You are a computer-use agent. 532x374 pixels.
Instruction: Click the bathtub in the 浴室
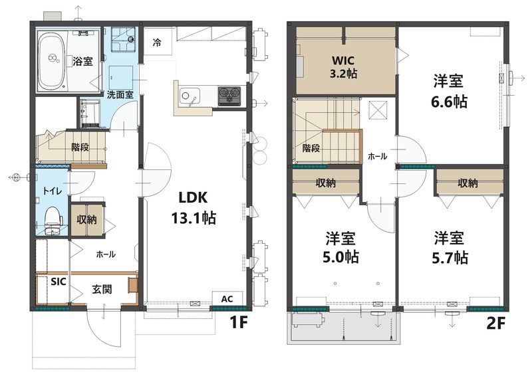52,62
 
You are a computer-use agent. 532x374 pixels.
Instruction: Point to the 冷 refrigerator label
157,43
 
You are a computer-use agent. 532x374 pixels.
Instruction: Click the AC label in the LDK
227,299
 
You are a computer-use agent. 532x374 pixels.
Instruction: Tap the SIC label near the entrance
59,282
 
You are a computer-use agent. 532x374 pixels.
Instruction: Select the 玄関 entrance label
102,289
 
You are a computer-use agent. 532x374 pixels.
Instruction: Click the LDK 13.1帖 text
194,207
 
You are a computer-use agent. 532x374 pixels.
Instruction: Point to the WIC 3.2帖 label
344,67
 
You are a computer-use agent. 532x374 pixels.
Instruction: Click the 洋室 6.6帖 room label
449,91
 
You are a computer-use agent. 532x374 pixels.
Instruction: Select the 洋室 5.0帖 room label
340,248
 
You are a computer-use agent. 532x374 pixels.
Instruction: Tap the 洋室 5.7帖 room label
450,248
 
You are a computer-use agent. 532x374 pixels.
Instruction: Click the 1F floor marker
239,322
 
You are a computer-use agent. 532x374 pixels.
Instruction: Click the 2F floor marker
495,324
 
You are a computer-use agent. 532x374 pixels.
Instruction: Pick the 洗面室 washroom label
120,94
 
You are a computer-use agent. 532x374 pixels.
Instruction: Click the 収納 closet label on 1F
86,220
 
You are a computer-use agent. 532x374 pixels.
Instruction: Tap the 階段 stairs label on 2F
311,148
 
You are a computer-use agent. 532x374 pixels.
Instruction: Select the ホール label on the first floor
106,254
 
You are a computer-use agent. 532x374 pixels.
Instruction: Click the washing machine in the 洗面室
123,39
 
